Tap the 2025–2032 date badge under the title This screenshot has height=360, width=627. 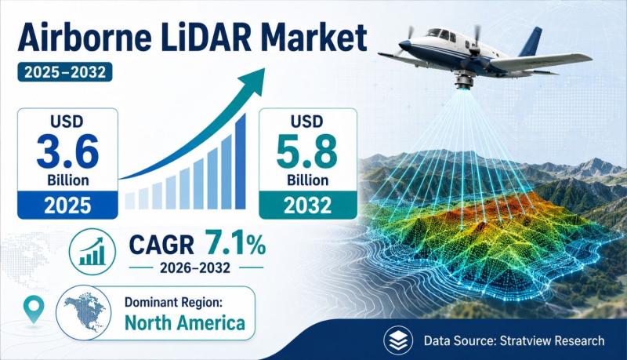point(65,72)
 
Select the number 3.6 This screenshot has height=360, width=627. point(67,151)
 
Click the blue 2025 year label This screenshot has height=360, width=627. point(67,205)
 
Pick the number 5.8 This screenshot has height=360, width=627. point(307,151)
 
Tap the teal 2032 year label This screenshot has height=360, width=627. point(308,205)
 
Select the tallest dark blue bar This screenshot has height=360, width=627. point(241,162)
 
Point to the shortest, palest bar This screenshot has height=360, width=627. point(130,201)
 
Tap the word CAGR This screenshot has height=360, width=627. point(161,245)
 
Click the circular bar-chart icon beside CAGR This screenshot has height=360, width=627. point(92,252)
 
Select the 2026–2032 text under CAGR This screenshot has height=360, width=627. point(195,267)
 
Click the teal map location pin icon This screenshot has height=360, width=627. point(34,309)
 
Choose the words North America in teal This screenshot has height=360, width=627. point(185,323)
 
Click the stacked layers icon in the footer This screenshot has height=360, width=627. point(398,340)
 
